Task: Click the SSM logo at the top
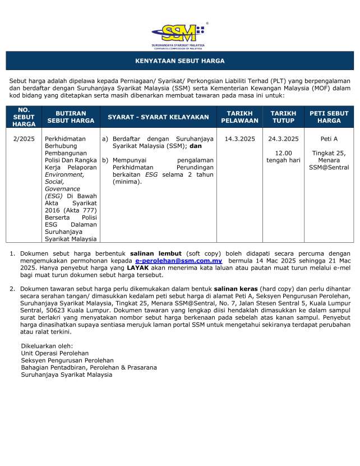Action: [x=178, y=34]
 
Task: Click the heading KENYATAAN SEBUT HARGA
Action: [x=180, y=61]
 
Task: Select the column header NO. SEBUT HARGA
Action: [x=24, y=117]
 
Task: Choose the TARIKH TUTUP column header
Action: [x=283, y=117]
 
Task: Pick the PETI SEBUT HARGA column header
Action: [x=329, y=117]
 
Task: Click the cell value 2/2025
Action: [x=24, y=138]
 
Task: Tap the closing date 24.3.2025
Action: [x=283, y=138]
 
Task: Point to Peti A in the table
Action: [x=329, y=138]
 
